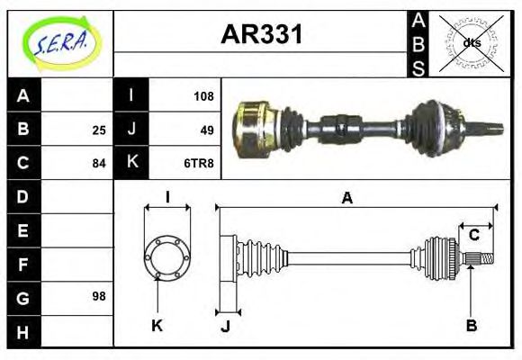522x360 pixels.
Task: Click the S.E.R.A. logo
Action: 59,43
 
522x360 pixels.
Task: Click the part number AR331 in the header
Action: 261,36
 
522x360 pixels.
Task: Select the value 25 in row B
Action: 98,130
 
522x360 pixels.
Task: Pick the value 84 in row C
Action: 98,164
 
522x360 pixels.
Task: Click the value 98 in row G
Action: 98,295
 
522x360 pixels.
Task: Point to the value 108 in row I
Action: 202,95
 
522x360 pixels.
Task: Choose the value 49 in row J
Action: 206,130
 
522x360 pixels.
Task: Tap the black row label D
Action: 23,196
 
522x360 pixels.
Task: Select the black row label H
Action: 23,331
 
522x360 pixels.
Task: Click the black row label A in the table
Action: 23,95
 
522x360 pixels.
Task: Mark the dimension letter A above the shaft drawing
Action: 346,198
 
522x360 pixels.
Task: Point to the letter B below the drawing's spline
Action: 471,325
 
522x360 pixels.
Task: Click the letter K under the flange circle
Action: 157,325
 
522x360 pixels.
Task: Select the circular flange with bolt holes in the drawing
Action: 167,256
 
